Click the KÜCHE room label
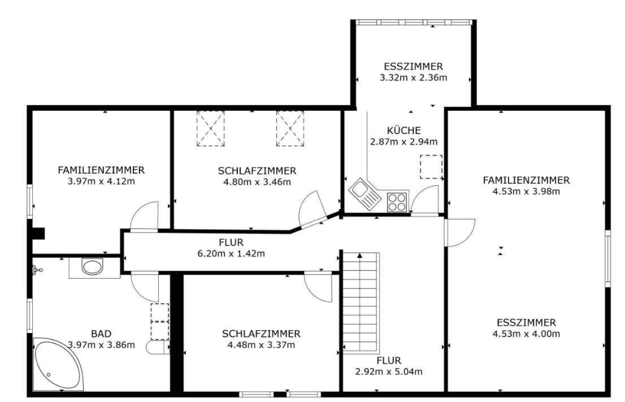click(404, 131)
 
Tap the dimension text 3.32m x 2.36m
click(413, 78)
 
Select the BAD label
click(101, 334)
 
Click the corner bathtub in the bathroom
click(59, 364)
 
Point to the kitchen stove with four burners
click(397, 202)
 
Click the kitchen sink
click(365, 194)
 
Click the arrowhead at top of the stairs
click(360, 255)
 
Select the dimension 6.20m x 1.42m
click(231, 253)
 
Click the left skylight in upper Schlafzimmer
click(211, 128)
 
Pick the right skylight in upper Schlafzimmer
click(290, 128)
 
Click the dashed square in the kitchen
click(431, 167)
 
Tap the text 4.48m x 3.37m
click(261, 345)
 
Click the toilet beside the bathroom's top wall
click(92, 266)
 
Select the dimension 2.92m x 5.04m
click(389, 371)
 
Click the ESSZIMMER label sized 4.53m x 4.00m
click(526, 323)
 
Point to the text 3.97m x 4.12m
click(101, 181)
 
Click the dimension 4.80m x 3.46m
click(257, 182)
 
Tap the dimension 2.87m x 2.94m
click(404, 142)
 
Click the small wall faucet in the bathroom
click(37, 270)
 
